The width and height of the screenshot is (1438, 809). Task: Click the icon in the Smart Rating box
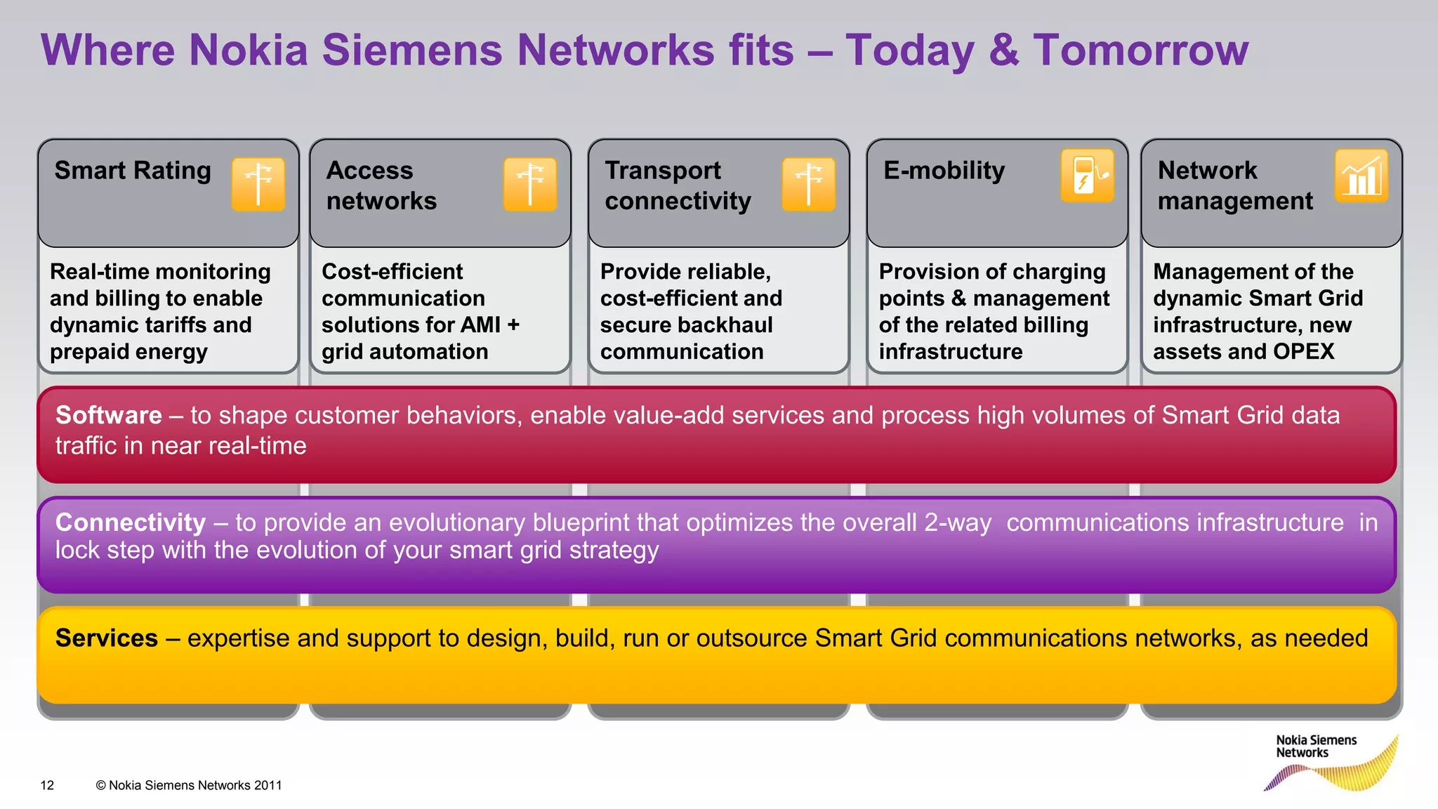tap(258, 184)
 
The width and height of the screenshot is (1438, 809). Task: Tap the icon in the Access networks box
tap(530, 184)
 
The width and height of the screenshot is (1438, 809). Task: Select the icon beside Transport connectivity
tap(809, 184)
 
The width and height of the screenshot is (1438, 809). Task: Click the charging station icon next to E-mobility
tap(1087, 176)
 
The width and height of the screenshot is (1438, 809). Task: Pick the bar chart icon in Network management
tap(1361, 176)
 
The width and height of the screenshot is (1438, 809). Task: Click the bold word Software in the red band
tap(109, 415)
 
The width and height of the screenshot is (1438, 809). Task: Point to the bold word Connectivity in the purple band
tap(131, 522)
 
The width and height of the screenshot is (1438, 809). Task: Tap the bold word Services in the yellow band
tap(107, 638)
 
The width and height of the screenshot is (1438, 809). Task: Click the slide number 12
tap(47, 785)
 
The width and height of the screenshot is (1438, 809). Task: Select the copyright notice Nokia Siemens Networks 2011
tap(189, 785)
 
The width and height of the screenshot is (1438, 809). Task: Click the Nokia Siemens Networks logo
tap(1331, 762)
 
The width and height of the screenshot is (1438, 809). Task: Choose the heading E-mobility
tap(944, 171)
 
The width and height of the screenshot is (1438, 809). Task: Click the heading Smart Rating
tap(133, 171)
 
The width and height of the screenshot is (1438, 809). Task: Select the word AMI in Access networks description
tap(476, 325)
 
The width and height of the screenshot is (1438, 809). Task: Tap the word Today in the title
tap(909, 51)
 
